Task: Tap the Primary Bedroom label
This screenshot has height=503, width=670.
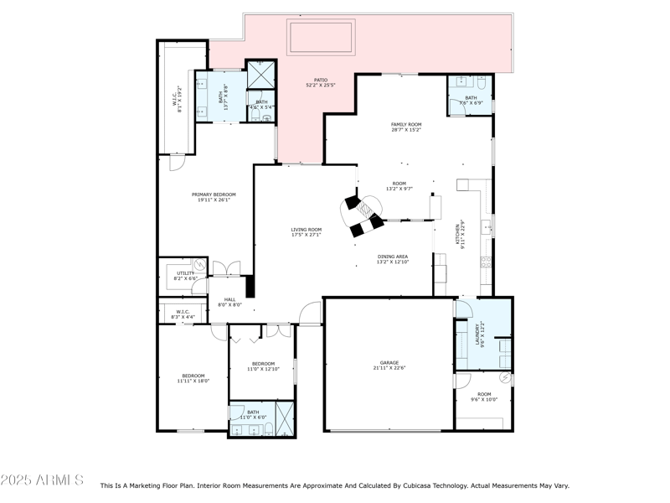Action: tap(204, 197)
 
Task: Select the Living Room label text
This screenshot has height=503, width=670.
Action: tap(306, 232)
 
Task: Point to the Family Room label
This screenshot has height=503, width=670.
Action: tap(406, 127)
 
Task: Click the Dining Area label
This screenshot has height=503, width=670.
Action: tap(393, 260)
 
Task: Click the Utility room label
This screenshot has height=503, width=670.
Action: tap(184, 275)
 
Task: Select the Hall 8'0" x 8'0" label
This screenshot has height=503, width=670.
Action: tap(229, 302)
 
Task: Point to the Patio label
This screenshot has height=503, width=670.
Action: tap(321, 82)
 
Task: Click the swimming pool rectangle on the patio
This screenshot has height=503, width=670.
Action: tap(322, 38)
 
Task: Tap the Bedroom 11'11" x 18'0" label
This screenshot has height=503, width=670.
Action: tap(193, 378)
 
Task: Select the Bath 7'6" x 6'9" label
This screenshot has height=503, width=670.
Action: tap(471, 101)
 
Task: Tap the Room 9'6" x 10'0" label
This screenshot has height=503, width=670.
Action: tap(485, 397)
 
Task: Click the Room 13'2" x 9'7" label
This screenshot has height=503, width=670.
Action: tap(399, 186)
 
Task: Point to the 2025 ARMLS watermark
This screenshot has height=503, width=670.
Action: tap(42, 480)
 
